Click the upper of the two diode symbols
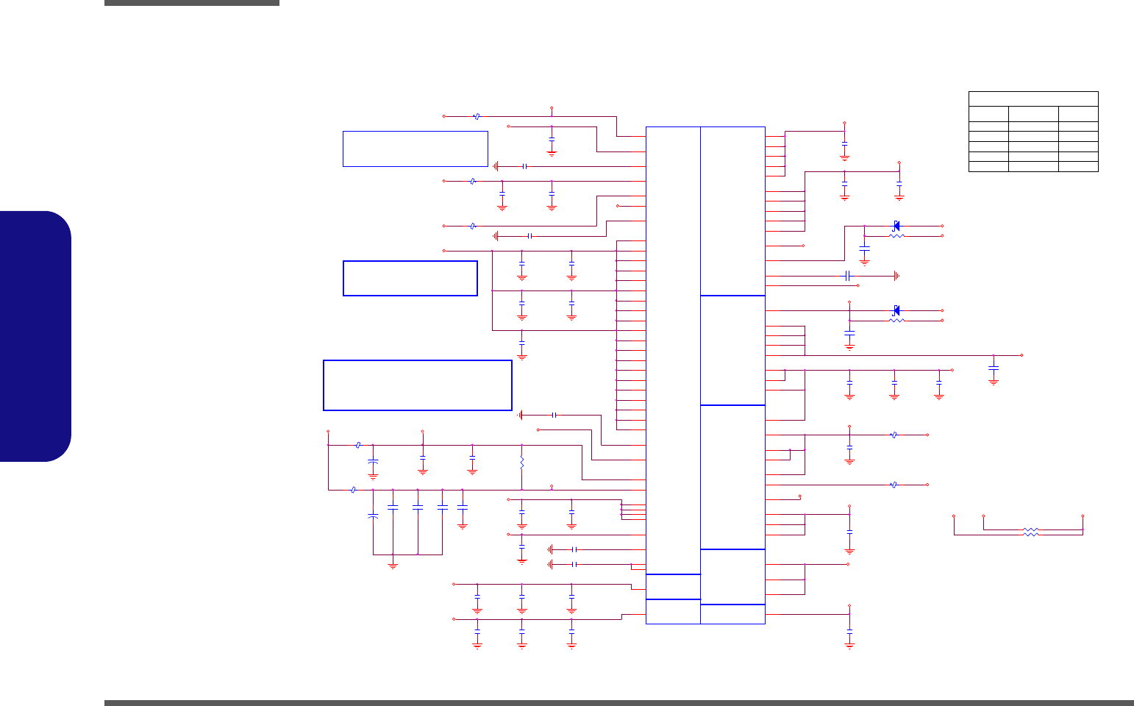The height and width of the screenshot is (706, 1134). tap(896, 225)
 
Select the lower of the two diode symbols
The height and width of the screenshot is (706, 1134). tap(896, 310)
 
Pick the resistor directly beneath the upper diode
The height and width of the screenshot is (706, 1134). tap(896, 236)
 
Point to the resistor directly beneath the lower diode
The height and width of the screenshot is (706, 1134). tap(896, 321)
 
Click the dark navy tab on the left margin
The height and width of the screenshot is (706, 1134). tap(35, 336)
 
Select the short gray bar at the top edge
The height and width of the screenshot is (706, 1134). tap(191, 3)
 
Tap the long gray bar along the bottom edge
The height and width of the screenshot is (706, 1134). tap(618, 702)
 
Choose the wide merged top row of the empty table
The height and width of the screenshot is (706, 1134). tap(1033, 99)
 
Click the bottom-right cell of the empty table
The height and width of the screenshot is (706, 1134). tap(1078, 167)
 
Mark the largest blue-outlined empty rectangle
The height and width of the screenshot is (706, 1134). tap(417, 385)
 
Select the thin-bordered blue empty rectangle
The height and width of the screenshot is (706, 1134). tap(415, 149)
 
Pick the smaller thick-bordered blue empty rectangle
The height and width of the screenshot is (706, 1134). tap(410, 278)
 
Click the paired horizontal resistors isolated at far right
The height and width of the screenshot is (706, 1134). tap(1031, 532)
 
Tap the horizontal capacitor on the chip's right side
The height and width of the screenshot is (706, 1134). tap(848, 276)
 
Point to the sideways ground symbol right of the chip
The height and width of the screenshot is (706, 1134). tap(897, 276)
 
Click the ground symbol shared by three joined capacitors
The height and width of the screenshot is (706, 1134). tap(393, 565)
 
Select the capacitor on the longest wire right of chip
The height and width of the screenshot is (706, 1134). tap(994, 366)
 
